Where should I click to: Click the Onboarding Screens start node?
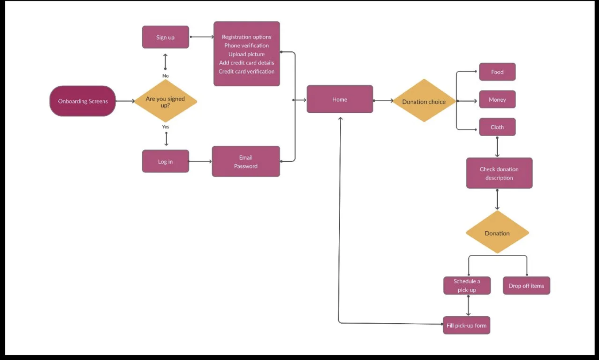point(83,101)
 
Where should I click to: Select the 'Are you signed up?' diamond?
point(165,101)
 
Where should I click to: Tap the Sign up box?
point(165,38)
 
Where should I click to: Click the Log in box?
point(165,161)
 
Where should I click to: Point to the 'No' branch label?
point(165,76)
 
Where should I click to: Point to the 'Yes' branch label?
point(165,127)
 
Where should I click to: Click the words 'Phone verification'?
point(246,46)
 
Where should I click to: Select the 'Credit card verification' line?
point(246,71)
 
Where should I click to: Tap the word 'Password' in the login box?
point(246,166)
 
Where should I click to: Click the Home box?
point(340,100)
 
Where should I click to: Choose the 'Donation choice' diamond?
point(424,102)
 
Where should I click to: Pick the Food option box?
point(497,72)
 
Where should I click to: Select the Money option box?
point(497,100)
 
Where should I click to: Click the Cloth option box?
point(497,127)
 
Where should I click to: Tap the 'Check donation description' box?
point(499,173)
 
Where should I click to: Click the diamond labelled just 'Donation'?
point(497,233)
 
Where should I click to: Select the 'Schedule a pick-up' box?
point(467,286)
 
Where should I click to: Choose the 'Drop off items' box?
point(526,286)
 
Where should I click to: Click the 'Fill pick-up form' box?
point(466,326)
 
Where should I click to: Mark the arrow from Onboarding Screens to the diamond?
point(125,101)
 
